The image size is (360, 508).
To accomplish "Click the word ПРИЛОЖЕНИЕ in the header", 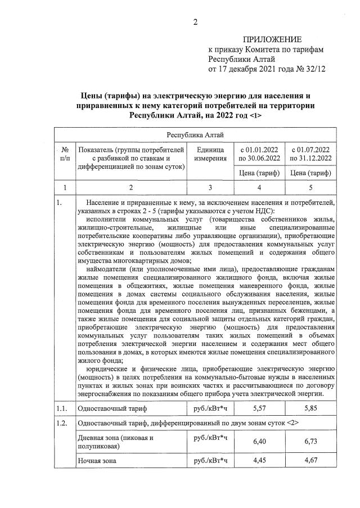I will pos(272,39).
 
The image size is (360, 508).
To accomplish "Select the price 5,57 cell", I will pos(259,406).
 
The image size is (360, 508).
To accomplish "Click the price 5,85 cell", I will pos(310,406).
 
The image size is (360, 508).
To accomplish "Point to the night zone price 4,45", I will pos(259,461).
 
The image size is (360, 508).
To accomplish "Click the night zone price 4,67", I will pos(310,461).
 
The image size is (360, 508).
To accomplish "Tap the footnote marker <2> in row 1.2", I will pos(279,422).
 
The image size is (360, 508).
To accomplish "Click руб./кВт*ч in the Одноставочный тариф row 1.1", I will pos(210,406).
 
